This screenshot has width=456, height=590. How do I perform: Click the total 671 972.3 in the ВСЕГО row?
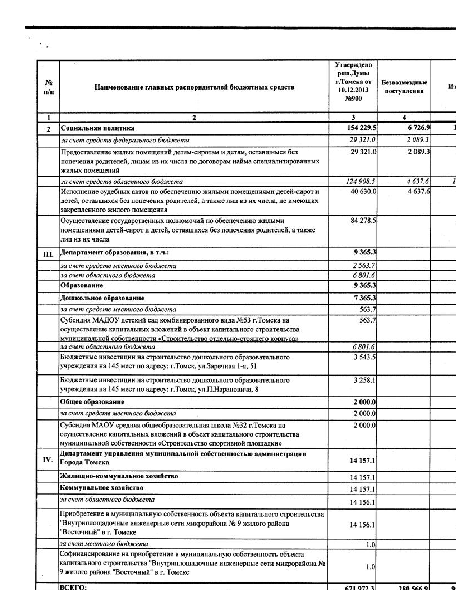tap(360, 588)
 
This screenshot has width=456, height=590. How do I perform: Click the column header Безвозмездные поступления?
tap(404, 87)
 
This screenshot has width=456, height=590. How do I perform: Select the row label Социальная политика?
tap(98, 128)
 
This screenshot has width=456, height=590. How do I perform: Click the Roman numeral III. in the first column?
tap(48, 254)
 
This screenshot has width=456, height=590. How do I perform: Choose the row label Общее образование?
tap(92, 402)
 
